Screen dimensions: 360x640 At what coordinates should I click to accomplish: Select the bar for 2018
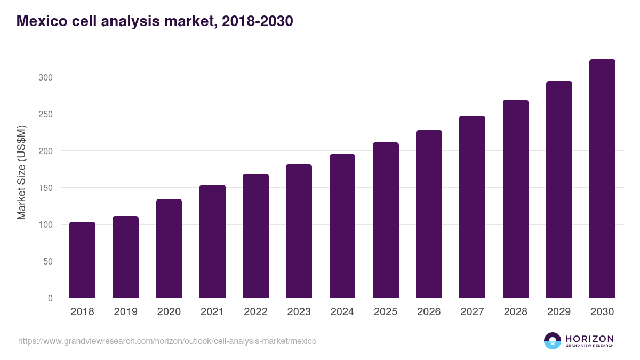[82, 260]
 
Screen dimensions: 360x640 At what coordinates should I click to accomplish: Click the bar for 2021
[212, 241]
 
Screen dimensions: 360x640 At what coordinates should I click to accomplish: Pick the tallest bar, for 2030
[602, 179]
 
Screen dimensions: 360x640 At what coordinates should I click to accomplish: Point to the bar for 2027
[472, 207]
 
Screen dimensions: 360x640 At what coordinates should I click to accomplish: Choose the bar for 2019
[125, 257]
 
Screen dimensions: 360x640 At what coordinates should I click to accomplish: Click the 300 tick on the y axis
[45, 77]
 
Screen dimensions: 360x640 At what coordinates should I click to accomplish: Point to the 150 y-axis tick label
[45, 188]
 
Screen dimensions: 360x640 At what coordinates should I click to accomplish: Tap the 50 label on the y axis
[47, 261]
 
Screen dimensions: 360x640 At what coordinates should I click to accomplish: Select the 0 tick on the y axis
[50, 298]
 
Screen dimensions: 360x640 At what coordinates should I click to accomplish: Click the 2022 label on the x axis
[255, 312]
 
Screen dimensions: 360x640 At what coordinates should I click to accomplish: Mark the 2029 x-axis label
[559, 312]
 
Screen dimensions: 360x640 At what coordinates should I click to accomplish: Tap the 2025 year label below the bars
[386, 312]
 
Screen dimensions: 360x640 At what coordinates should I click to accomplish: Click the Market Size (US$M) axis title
[21, 173]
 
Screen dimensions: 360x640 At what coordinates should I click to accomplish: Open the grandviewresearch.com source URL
[167, 341]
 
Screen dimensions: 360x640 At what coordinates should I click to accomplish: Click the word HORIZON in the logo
[589, 339]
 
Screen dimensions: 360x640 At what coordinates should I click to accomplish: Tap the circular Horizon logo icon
[553, 341]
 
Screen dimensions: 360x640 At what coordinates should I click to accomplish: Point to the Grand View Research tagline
[589, 346]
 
